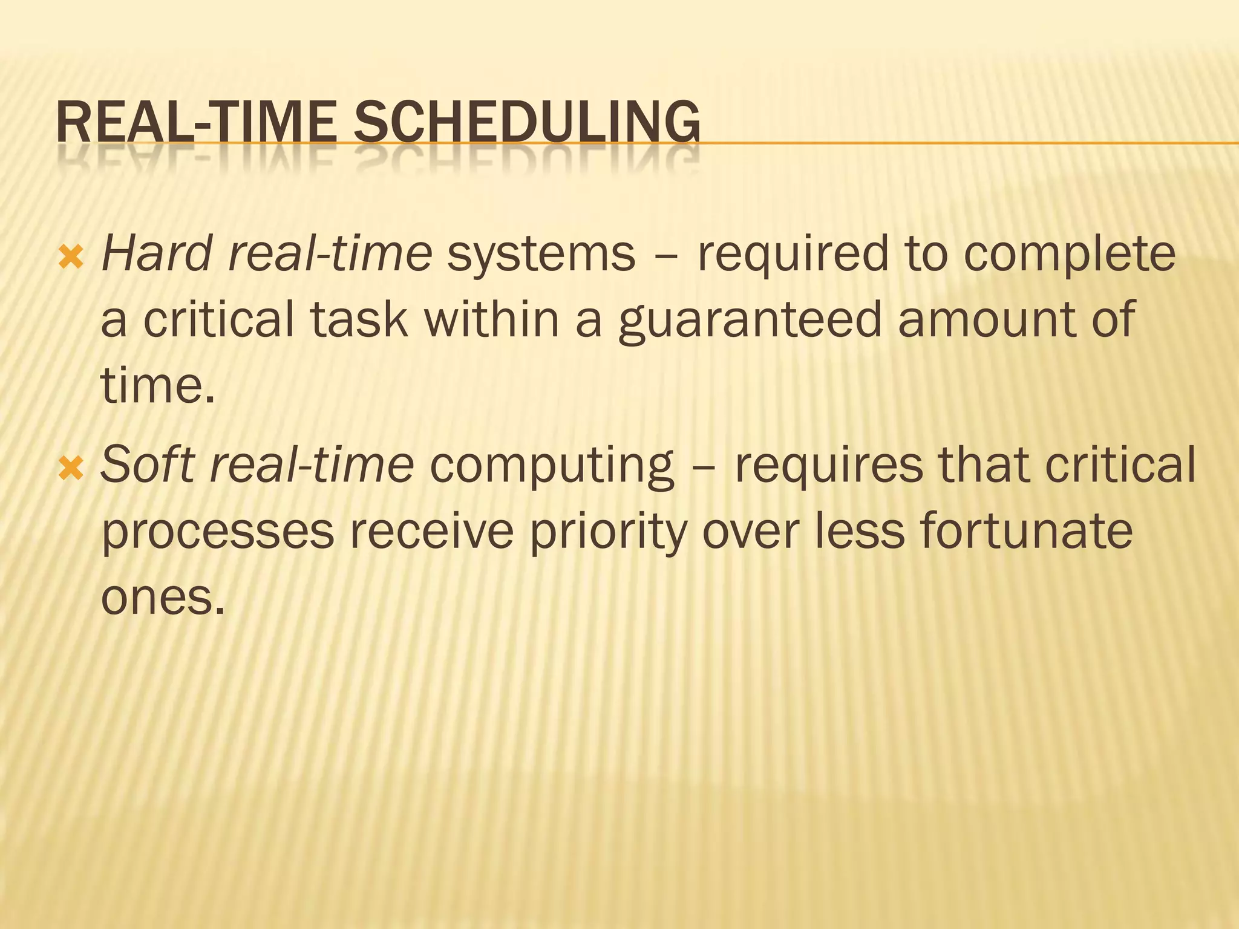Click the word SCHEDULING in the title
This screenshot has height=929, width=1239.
tap(526, 123)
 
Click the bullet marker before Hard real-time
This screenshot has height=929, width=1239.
tap(71, 258)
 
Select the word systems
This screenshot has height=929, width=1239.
tap(541, 254)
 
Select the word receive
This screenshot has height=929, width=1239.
tap(431, 530)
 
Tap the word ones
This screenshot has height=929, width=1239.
tap(162, 598)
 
